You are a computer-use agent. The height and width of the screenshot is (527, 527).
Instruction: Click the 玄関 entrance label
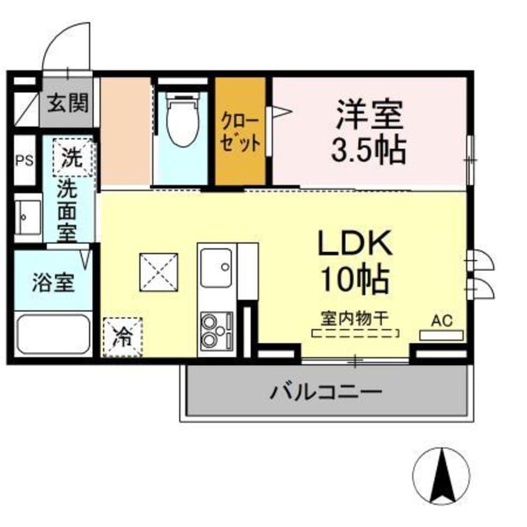pyautogui.click(x=69, y=102)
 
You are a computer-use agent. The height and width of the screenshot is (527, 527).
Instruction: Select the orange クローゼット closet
pyautogui.click(x=240, y=132)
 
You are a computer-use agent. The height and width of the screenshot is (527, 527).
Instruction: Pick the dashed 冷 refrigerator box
pyautogui.click(x=122, y=338)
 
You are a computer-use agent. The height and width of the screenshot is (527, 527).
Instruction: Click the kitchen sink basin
pyautogui.click(x=216, y=267)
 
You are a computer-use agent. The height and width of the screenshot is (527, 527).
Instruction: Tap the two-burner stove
pyautogui.click(x=215, y=330)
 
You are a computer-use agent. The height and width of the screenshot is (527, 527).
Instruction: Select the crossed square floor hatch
pyautogui.click(x=159, y=272)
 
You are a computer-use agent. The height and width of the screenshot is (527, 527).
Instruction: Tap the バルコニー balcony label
pyautogui.click(x=325, y=392)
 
